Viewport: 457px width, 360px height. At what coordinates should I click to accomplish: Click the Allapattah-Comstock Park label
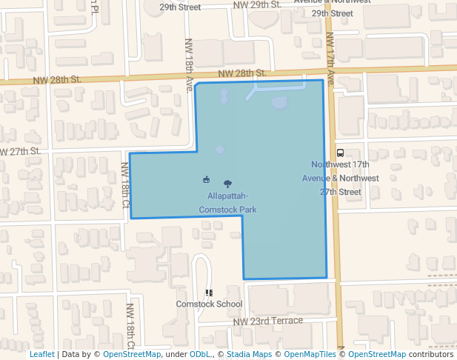pos(227,202)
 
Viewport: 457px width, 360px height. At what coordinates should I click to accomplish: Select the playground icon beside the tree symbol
pos(206,179)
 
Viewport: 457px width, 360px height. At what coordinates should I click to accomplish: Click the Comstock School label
pos(209,304)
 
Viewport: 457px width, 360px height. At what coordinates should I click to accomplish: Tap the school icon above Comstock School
pos(209,293)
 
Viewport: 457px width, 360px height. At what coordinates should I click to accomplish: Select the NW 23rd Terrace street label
pos(268,321)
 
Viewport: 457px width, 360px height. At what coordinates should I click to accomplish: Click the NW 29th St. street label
pos(256,4)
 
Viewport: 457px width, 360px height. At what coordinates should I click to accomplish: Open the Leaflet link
pos(42,355)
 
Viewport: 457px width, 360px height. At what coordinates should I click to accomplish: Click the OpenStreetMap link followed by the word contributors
pos(377,355)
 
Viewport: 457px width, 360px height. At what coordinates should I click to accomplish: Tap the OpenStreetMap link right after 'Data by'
pos(131,355)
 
